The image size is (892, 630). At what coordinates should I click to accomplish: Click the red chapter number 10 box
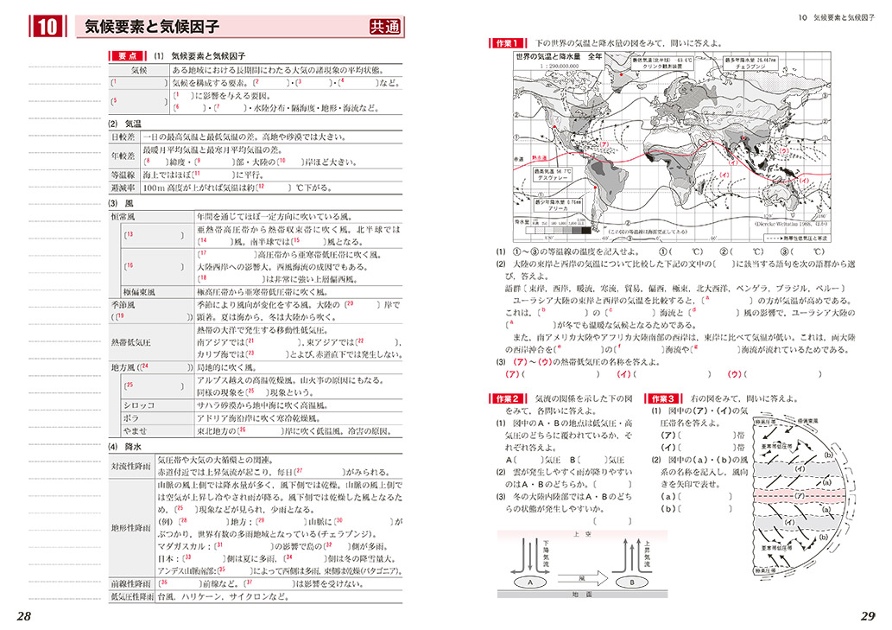click(x=47, y=28)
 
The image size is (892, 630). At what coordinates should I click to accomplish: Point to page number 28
click(x=24, y=615)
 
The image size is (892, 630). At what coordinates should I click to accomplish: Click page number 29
click(x=867, y=615)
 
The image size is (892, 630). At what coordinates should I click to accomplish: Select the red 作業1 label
click(x=507, y=42)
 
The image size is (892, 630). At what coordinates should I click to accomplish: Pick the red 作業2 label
click(x=507, y=398)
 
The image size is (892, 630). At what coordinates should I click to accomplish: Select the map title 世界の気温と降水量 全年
click(x=558, y=56)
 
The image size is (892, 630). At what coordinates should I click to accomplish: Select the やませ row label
click(x=138, y=430)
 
